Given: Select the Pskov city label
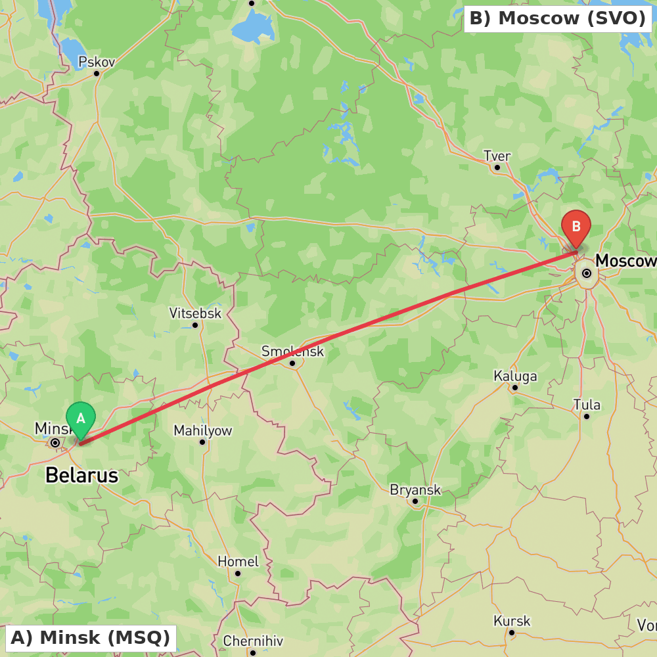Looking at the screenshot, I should coord(97,62).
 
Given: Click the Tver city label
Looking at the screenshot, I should coord(497,156).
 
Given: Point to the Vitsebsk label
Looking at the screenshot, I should coord(195,313).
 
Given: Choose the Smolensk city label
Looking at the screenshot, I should coord(292,351).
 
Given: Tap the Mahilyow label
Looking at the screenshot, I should coord(202,431).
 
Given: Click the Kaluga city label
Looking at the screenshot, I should coord(515,376).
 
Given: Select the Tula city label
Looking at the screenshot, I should coord(587,405).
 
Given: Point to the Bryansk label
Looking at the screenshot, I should coord(415,490).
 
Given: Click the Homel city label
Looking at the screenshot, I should coord(238,562).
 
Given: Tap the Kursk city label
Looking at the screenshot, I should coord(512,621).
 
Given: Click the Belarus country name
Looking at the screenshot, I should coord(81,475).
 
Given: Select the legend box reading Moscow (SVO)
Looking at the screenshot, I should coord(558,18).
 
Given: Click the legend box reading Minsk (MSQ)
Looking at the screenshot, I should coord(91,637).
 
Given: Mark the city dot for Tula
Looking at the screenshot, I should coord(587,416).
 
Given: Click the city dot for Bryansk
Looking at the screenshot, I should coord(415,501).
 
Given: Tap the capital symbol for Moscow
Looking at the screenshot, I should coord(587,273).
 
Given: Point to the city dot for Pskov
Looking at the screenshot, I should coord(97,73).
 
